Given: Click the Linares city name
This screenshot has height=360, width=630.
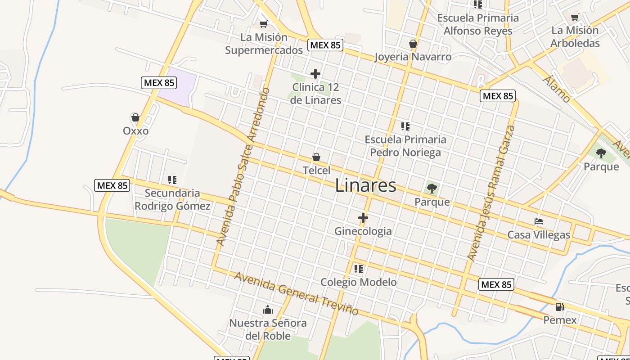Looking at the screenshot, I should pos(366,186).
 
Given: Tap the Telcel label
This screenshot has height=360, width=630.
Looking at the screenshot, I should pos(316,171).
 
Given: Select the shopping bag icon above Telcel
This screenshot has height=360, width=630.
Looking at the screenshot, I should pos(316,157).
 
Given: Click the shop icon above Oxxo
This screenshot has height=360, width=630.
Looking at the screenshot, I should pos(135,118).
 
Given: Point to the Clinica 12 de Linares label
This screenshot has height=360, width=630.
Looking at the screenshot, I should pos(315,94).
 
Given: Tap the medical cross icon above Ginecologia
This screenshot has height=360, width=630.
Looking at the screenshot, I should pos(363,218).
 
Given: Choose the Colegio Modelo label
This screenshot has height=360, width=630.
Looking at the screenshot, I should pos(358,282).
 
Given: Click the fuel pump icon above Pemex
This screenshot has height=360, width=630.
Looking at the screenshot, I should pos(560,307).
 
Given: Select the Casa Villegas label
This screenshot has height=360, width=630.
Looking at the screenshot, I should pos(539,235).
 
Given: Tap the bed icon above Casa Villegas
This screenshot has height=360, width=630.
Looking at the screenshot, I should pos(539,221).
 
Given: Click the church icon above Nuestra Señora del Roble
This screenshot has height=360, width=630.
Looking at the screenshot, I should pos(268,310).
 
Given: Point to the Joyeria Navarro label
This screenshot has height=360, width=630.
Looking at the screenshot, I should pos(413,57).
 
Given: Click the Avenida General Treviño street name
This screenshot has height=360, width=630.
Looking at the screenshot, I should pos(296,293).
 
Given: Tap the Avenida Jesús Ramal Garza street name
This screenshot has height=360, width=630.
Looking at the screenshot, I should pos(490,193).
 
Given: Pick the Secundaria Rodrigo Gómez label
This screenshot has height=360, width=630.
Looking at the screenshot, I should pos(172,200).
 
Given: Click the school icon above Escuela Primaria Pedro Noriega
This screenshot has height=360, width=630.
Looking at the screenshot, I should pos(405,126).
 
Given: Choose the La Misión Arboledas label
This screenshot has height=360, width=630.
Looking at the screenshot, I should pos(575,37).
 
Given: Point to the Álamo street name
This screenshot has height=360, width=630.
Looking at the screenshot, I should pos(557,89).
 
